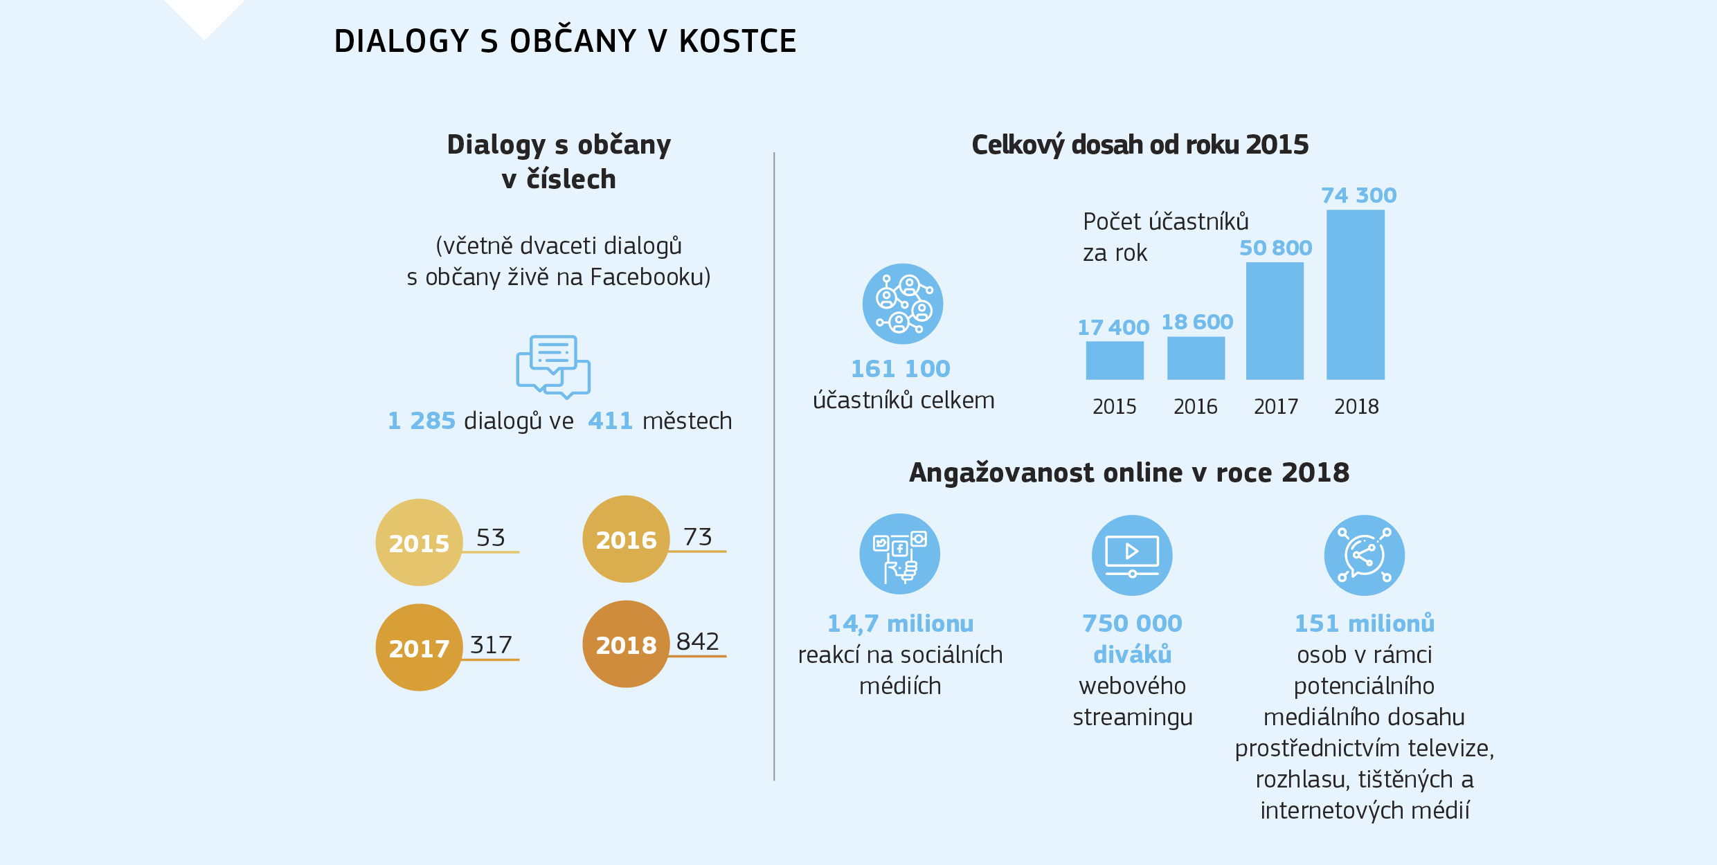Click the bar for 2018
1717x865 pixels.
pos(1355,295)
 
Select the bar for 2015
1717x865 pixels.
pos(1114,361)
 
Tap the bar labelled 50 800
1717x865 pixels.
pos(1275,321)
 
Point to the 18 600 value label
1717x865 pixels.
pos(1196,322)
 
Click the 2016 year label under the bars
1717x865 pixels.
pos(1195,406)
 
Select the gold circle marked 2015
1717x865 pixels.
pos(419,543)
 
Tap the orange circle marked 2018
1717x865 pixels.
pos(626,644)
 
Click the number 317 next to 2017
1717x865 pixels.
pos(491,645)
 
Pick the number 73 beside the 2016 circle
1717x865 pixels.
pos(697,537)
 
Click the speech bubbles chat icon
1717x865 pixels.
pos(553,367)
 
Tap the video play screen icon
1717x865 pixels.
pos(1132,555)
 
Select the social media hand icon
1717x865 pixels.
pos(899,554)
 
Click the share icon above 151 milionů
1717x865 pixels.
pos(1364,555)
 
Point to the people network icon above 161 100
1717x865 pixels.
pos(902,304)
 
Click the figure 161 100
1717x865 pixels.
pos(900,369)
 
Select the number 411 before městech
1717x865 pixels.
pos(610,421)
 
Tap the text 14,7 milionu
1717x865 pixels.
pos(900,623)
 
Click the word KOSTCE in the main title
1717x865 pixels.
pos(737,42)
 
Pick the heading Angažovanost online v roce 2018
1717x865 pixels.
pos(1129,473)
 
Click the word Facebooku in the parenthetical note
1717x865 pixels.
pos(650,277)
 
